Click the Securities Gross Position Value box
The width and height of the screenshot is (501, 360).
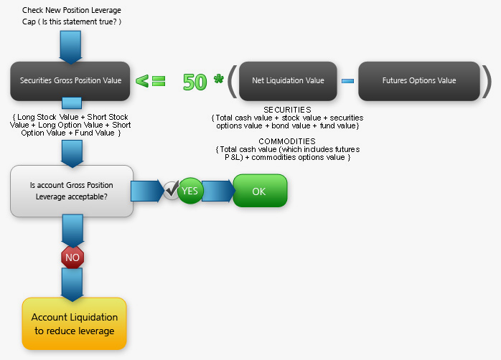(70, 81)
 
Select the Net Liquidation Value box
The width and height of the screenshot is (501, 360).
(288, 81)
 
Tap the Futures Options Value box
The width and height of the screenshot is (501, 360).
(419, 81)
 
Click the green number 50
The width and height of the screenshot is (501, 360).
(195, 82)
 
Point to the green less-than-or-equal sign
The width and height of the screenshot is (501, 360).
(151, 81)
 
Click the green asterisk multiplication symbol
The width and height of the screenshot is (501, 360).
(218, 78)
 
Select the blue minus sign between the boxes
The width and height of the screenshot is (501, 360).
(347, 81)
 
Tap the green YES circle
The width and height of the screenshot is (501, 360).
(190, 191)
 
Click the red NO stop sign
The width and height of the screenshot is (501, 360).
(72, 257)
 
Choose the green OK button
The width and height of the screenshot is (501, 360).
(260, 191)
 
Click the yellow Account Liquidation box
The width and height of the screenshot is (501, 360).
(74, 323)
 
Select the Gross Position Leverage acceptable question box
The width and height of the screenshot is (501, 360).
(72, 191)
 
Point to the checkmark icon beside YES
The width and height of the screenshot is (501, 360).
(172, 190)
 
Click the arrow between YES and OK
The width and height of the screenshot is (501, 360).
(218, 191)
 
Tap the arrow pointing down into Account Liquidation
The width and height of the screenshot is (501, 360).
(72, 285)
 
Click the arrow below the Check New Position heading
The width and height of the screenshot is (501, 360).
(70, 47)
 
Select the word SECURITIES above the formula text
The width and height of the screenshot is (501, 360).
(287, 110)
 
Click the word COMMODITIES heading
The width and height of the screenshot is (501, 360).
(287, 141)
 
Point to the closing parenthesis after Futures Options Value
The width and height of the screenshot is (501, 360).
(487, 81)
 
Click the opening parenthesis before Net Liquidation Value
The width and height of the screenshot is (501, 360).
(233, 81)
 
